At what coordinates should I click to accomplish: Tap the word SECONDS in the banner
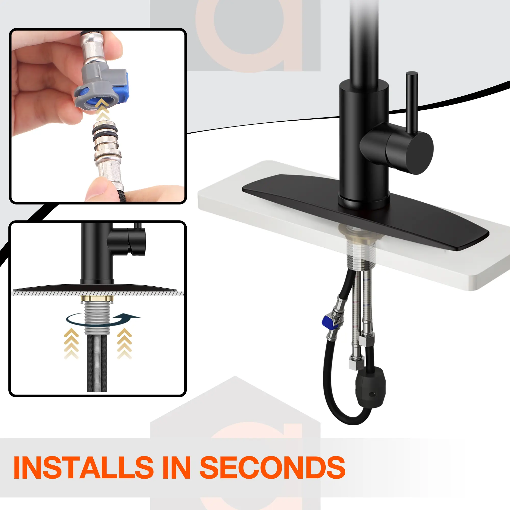[x=272, y=467]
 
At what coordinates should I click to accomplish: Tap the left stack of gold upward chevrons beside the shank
[x=71, y=343]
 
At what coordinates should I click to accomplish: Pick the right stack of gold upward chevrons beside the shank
[x=124, y=343]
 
